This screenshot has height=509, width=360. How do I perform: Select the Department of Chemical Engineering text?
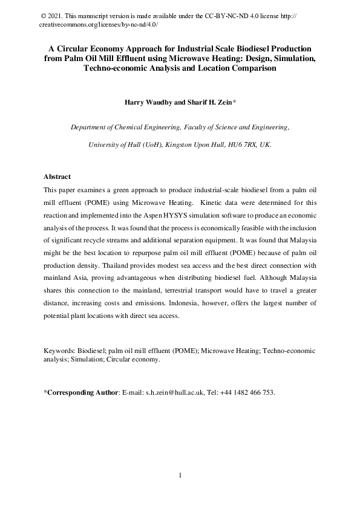tap(137, 128)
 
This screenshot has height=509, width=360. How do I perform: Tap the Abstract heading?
tap(57, 177)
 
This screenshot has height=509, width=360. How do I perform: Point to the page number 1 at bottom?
tap(180, 476)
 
